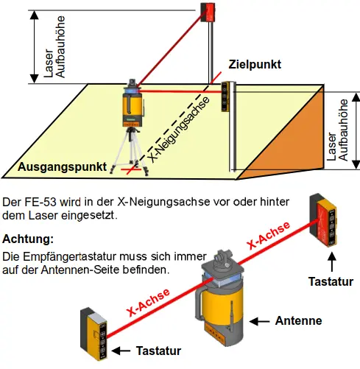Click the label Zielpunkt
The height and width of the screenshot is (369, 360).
pyautogui.click(x=255, y=65)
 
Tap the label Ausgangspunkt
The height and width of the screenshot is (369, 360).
pyautogui.click(x=62, y=167)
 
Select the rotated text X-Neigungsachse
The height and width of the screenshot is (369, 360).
pyautogui.click(x=179, y=130)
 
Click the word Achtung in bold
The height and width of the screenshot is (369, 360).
pyautogui.click(x=28, y=239)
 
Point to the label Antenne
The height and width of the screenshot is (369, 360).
pyautogui.click(x=298, y=320)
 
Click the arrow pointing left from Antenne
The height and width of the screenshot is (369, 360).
pyautogui.click(x=259, y=321)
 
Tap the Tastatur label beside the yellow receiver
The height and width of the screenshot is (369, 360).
pyautogui.click(x=158, y=351)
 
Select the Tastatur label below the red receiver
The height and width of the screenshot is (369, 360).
pyautogui.click(x=331, y=281)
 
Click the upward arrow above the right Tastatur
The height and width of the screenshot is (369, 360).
pyautogui.click(x=332, y=262)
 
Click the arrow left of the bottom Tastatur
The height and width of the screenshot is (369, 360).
pyautogui.click(x=121, y=351)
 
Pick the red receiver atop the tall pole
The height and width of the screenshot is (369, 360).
pyautogui.click(x=208, y=12)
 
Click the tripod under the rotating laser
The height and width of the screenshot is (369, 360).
pyautogui.click(x=130, y=150)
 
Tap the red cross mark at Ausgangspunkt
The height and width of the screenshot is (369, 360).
pyautogui.click(x=131, y=169)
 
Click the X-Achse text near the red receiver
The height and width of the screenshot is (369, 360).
pyautogui.click(x=269, y=235)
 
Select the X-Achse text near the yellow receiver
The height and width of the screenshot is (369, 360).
pyautogui.click(x=148, y=302)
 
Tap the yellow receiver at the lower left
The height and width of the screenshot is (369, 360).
pyautogui.click(x=94, y=334)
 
